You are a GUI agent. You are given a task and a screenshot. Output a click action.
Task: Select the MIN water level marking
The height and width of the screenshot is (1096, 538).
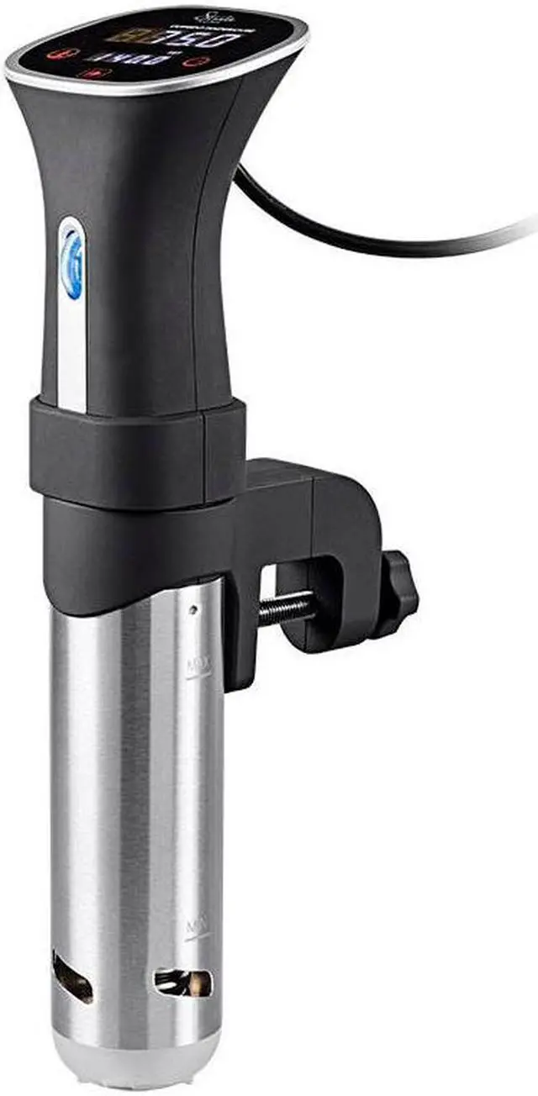point(196,925)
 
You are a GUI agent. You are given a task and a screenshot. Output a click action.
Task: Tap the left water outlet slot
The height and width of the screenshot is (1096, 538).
point(72,977)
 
